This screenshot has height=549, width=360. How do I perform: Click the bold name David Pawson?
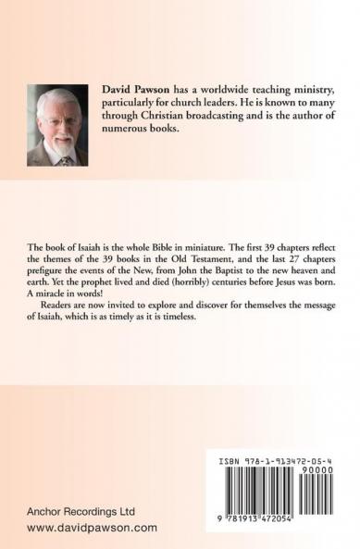pos(134,85)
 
